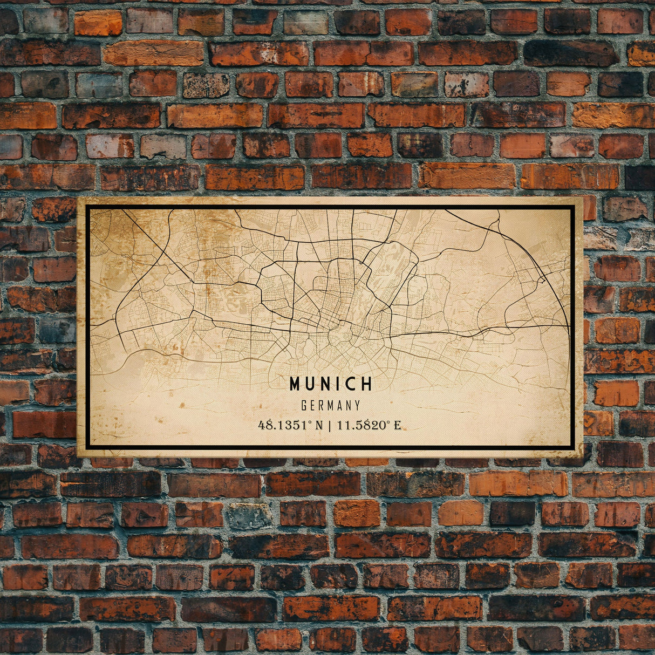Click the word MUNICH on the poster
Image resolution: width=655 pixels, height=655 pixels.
coord(331,384)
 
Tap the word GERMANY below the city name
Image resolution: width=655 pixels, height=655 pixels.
coord(331,405)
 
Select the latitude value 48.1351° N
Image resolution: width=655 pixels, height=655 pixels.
coord(290,425)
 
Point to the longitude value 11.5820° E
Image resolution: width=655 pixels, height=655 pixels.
coord(369,425)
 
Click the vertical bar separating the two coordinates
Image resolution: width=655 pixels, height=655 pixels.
coord(330,425)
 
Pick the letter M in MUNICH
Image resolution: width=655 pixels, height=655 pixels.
coord(295,384)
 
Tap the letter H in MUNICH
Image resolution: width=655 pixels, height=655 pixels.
coord(367,384)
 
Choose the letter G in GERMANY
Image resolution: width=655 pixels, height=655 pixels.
coord(304,405)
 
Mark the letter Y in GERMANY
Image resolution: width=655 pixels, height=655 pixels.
coord(357,405)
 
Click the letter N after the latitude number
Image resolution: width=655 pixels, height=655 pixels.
coord(319,425)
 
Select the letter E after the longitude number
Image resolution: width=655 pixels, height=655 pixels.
coord(397,425)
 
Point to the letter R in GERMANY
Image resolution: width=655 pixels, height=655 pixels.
coord(322,405)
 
